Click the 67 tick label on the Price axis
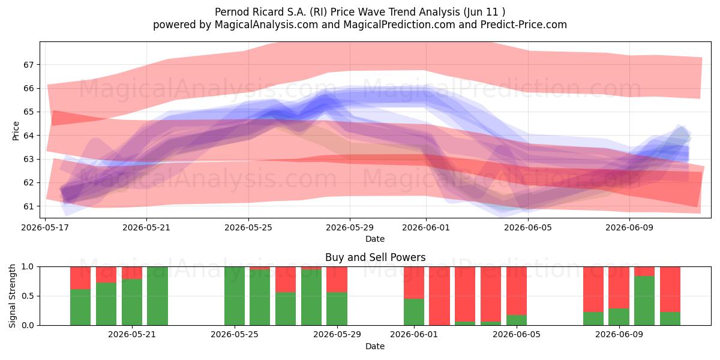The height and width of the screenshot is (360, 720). click(28, 65)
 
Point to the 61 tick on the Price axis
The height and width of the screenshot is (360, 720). click(28, 206)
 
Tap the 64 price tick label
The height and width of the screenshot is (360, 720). click(28, 136)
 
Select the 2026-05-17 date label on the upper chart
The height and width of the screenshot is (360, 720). click(45, 227)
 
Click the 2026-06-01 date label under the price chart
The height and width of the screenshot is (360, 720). click(426, 227)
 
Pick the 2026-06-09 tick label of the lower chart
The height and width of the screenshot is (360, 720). click(619, 335)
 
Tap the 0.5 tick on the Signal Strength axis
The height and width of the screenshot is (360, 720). click(28, 296)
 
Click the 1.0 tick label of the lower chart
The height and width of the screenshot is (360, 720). click(28, 267)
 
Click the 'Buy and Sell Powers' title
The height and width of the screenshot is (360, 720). click(375, 257)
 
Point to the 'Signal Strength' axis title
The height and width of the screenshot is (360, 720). click(12, 296)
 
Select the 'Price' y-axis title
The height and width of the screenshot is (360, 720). click(16, 131)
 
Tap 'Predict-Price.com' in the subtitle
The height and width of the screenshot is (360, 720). click(524, 25)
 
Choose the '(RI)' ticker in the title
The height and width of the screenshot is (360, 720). click(318, 12)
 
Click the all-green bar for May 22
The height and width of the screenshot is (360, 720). click(157, 296)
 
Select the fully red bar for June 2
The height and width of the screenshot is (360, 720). click(439, 296)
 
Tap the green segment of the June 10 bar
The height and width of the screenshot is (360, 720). click(644, 301)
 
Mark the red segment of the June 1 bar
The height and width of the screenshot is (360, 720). click(414, 283)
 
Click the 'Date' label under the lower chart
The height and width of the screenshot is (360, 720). click(375, 346)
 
